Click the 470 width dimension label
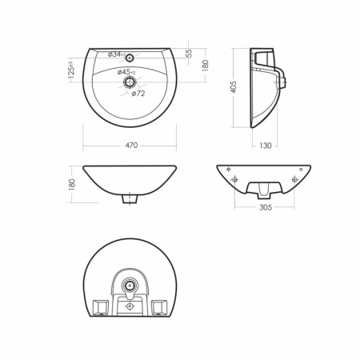coord(131,146)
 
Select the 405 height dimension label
coord(234,86)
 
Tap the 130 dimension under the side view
coord(265,146)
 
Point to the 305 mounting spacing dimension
coord(266,207)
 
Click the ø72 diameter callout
coord(138,94)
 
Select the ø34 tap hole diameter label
coord(117,54)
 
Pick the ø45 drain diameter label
coord(126,72)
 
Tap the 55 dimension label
coord(189,53)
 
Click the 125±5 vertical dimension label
coord(71,70)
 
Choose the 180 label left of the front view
coord(72,184)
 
